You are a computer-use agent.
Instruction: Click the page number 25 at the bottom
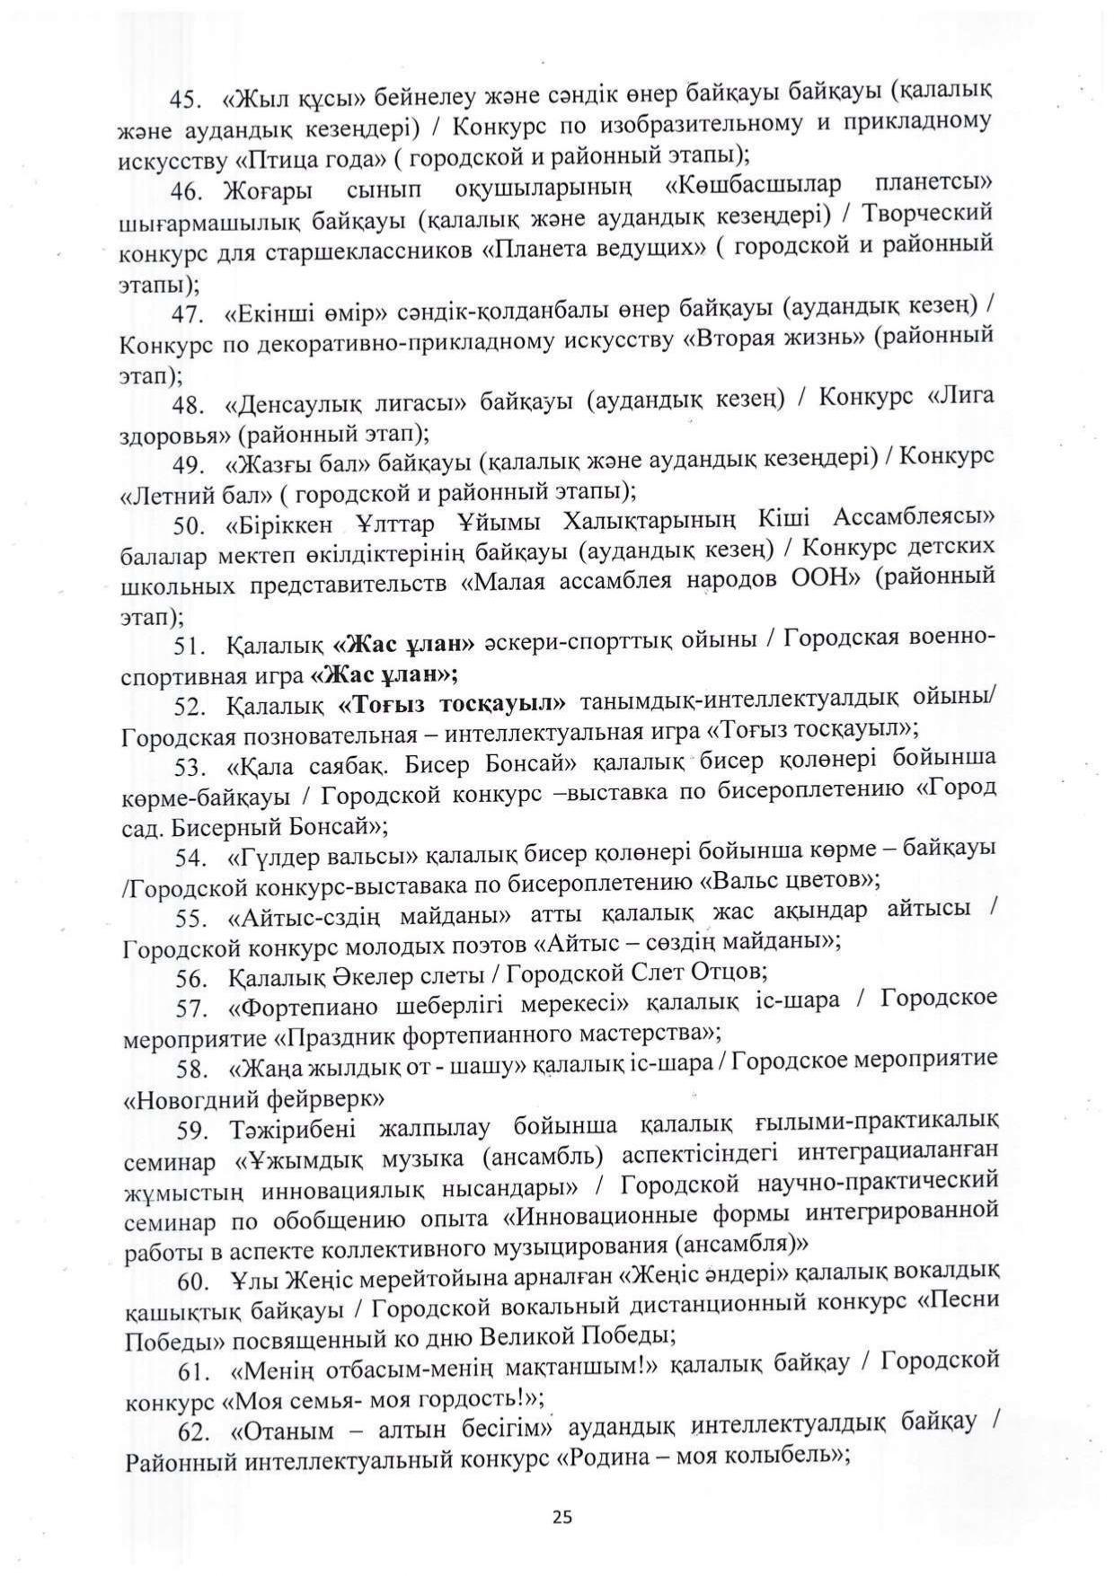(x=562, y=1517)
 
